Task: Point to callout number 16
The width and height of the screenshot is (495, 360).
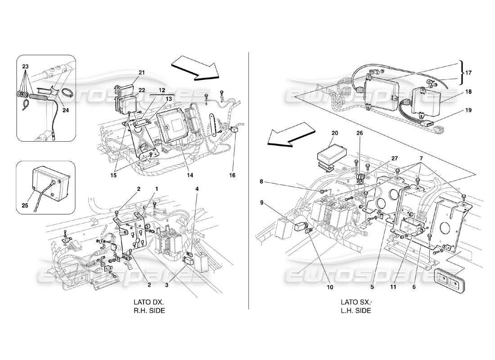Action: click(233, 175)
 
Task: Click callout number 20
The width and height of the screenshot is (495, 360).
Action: click(334, 133)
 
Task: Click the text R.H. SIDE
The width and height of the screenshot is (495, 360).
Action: click(146, 310)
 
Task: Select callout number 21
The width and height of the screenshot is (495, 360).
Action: click(142, 72)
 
